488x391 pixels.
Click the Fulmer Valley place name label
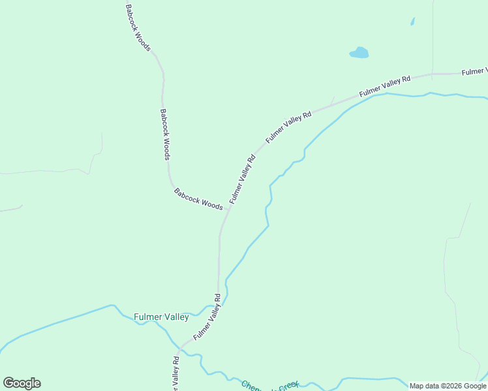pos(161,317)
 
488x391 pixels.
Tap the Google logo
pos(22,383)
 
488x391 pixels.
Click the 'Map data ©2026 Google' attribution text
pos(448,386)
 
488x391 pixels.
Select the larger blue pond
pos(359,52)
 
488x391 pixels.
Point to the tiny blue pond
pos(412,22)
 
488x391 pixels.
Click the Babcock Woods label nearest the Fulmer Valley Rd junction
pos(198,198)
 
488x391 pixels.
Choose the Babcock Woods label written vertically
pos(166,134)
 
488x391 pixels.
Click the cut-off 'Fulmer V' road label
pos(474,71)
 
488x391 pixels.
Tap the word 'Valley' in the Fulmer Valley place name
pos(175,317)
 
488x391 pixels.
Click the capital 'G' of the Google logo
pos(9,383)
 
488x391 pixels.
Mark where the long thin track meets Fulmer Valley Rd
pos(432,74)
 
